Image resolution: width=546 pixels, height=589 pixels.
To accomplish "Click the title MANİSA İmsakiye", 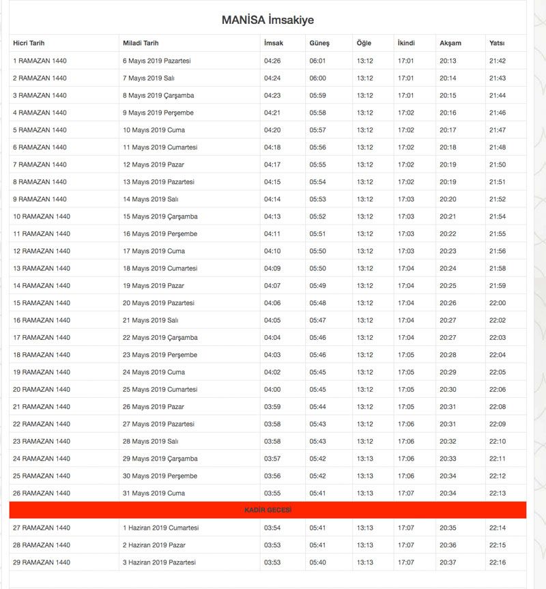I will [268, 20].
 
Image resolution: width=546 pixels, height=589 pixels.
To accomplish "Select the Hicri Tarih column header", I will [29, 43].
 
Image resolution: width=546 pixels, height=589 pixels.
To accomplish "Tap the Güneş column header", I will [319, 43].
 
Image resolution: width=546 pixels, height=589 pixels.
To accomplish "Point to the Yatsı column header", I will [497, 43].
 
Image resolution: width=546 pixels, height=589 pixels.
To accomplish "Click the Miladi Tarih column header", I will [141, 43].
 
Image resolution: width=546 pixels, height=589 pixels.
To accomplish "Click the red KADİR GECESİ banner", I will [268, 510].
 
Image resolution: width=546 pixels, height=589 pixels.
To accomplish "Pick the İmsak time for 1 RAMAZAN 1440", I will [272, 61].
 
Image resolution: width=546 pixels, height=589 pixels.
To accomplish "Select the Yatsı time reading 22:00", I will [498, 303].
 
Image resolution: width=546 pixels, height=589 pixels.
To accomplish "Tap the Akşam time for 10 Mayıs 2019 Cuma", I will [448, 130].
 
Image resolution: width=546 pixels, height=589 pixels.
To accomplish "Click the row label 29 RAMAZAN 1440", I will [42, 562].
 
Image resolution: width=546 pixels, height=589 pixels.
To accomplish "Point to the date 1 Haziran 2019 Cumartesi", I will [160, 528].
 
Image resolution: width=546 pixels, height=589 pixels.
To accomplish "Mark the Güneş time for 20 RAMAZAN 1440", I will [318, 390].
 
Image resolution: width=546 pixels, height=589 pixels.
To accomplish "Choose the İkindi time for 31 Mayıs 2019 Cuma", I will [406, 493].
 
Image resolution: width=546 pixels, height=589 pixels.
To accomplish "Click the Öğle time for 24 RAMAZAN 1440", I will [365, 459].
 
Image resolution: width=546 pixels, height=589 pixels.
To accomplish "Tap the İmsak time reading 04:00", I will [272, 390].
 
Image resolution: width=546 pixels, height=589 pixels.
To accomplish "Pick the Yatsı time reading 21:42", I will [498, 61].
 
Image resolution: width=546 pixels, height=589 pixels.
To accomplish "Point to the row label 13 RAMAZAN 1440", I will [42, 268].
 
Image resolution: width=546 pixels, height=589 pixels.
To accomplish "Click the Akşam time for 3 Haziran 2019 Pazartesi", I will [448, 562].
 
